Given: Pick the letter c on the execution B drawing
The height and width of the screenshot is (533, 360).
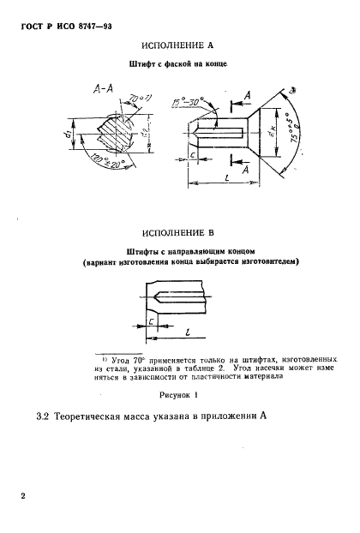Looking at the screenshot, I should pyautogui.click(x=149, y=321).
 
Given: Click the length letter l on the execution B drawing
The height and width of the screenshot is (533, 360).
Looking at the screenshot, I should pyautogui.click(x=186, y=328).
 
